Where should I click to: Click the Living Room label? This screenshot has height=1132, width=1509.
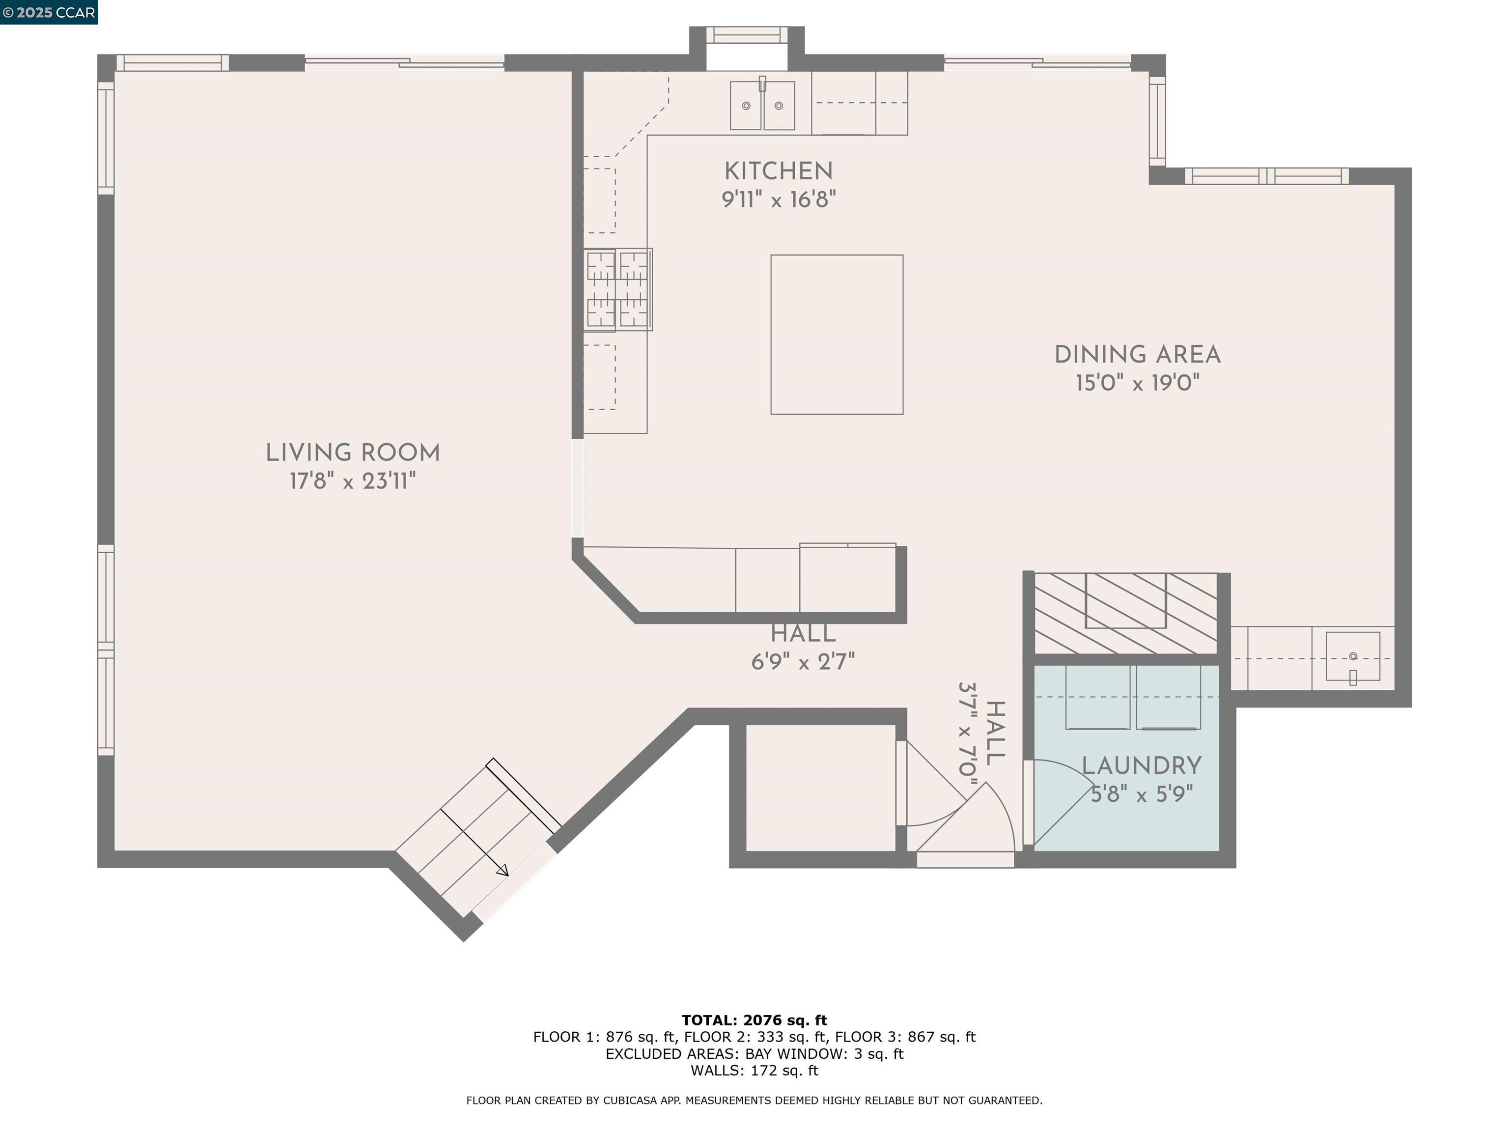click(353, 453)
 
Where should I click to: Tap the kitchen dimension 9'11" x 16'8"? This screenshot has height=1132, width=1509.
click(779, 200)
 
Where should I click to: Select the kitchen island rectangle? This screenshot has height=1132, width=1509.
click(837, 335)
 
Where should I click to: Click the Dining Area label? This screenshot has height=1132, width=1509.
click(1137, 355)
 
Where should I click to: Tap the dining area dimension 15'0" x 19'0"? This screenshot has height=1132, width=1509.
click(1137, 383)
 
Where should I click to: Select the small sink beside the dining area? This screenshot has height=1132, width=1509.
click(1352, 656)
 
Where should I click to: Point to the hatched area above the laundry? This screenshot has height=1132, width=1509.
click(1126, 613)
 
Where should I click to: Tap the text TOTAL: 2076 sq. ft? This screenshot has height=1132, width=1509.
click(754, 1020)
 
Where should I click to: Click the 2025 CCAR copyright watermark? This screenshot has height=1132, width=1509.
click(49, 12)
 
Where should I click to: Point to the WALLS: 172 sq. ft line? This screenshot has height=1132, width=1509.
click(754, 1071)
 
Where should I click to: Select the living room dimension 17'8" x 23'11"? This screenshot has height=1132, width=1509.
click(353, 481)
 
